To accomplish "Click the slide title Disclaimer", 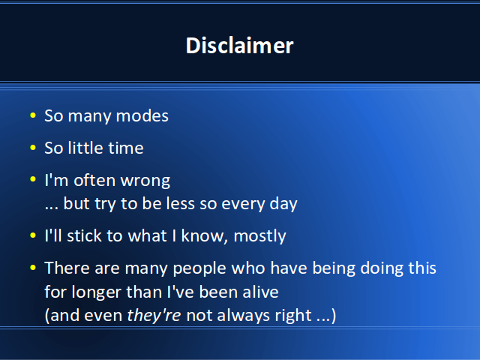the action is point(240,46).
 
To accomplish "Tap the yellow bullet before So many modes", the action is point(33,115).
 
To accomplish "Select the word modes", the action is point(142,116).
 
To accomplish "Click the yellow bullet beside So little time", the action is point(33,148).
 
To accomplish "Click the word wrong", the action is point(145,181).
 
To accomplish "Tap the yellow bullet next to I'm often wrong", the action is point(33,179).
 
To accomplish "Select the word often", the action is point(94,180).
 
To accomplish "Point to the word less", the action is point(180,203).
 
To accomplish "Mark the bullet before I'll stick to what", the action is point(33,235).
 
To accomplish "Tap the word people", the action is point(199,269).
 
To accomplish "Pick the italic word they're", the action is point(154,316).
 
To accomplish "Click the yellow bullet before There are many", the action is point(33,268).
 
